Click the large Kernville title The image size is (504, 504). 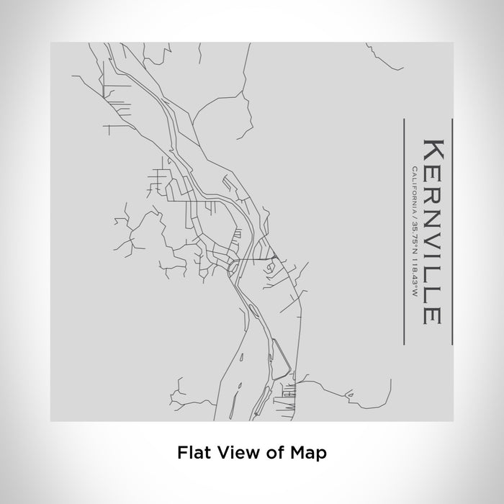click(431, 230)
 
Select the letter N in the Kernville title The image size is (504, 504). click(431, 224)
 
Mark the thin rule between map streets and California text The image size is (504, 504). click(404, 230)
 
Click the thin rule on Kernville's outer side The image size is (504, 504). click(451, 230)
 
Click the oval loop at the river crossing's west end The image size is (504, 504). click(232, 269)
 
